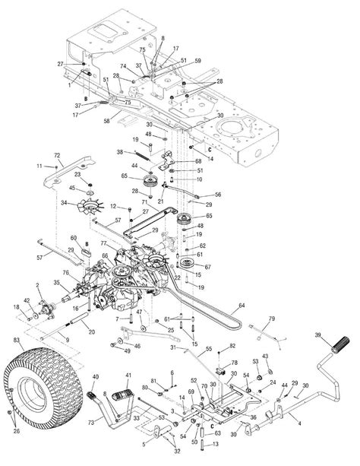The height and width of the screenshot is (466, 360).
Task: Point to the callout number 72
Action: pos(56,155)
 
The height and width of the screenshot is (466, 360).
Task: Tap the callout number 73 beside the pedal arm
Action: pos(90,420)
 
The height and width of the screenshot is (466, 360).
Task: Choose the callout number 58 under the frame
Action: pos(106,121)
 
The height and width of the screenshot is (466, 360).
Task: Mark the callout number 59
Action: pos(197,61)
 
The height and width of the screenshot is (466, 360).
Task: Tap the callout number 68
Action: pos(198,160)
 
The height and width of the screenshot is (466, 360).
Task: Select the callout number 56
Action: pos(218,195)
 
